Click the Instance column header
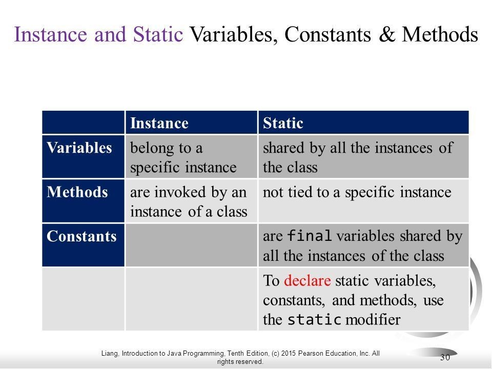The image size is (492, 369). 159,123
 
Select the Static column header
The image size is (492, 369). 283,123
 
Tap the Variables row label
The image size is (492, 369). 79,148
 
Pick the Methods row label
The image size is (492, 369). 77,192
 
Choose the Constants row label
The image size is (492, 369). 81,236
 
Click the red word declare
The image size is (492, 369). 307,280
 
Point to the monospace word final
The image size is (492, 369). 310,236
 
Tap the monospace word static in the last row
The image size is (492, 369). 314,319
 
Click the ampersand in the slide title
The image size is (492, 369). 386,34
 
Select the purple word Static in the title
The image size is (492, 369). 158,34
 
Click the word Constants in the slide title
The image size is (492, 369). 327,34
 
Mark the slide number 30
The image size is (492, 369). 445,357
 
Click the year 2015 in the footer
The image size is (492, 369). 288,353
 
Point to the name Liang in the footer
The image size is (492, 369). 110,354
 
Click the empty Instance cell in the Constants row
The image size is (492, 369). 191,245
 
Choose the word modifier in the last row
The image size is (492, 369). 373,319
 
